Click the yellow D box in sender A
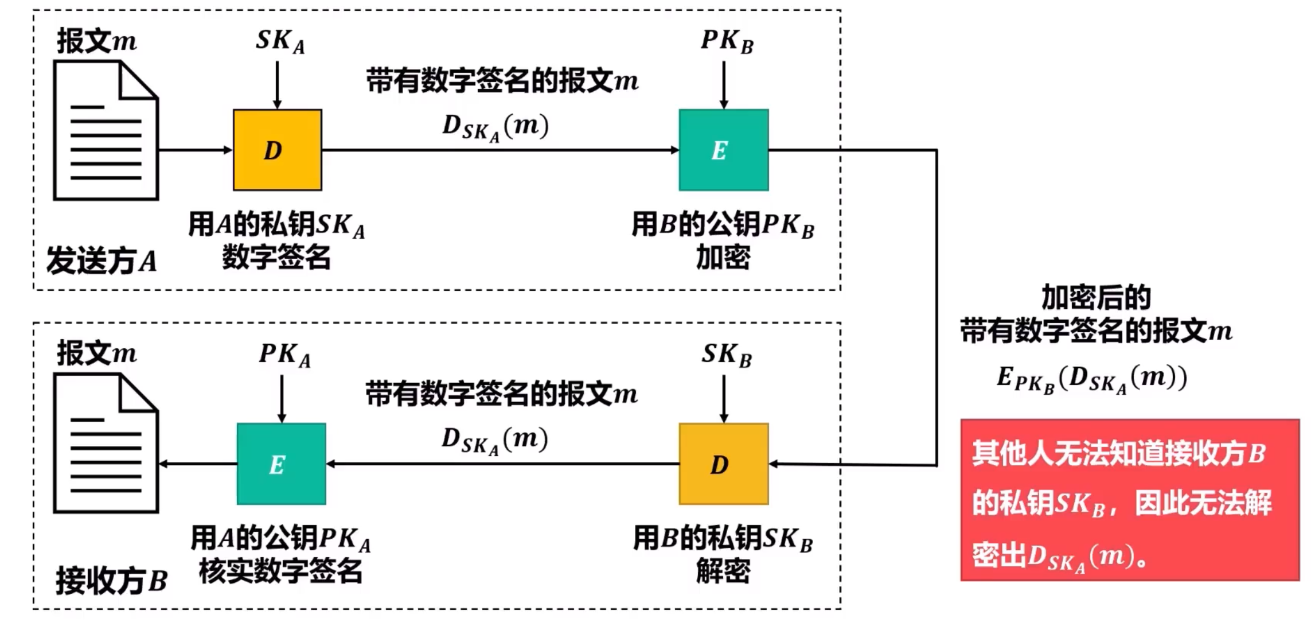[x=277, y=150]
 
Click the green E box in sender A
[x=723, y=150]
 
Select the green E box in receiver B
[x=281, y=464]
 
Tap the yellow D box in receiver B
[x=723, y=464]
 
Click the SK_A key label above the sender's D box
[x=280, y=41]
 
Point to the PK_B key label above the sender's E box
[x=727, y=41]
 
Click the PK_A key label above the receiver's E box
[x=284, y=355]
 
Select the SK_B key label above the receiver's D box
[x=726, y=355]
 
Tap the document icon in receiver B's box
[x=106, y=443]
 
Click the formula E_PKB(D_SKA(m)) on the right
[x=1091, y=379]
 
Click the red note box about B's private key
[x=1129, y=500]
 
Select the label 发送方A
[x=102, y=261]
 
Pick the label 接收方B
[x=111, y=580]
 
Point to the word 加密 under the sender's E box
[x=723, y=258]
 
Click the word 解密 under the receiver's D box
[x=723, y=571]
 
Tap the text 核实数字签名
[x=280, y=571]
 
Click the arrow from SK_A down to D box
[x=278, y=85]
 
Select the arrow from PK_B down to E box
[x=724, y=85]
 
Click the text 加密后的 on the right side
[x=1096, y=298]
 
